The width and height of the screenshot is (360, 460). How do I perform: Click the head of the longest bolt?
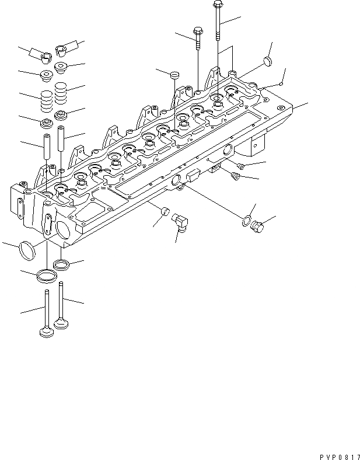coord(217,5)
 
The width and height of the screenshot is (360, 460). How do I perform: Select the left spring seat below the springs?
coord(46,124)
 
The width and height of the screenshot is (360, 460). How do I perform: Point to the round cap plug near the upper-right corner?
coord(267,61)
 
